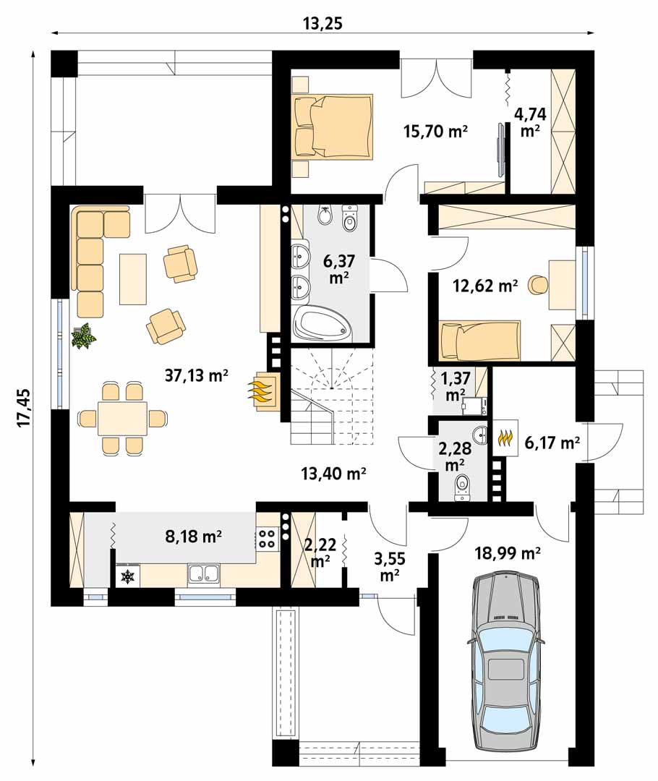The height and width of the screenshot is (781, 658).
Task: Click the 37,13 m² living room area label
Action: [x=196, y=375]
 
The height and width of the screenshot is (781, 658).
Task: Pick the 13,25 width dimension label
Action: [x=322, y=23]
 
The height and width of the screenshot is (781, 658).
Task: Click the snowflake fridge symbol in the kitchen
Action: [x=129, y=577]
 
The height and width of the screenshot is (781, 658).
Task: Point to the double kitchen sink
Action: [x=204, y=573]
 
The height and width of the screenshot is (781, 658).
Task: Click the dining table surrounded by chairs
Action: [x=122, y=419]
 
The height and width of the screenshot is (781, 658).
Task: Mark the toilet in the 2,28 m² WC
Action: [x=463, y=487]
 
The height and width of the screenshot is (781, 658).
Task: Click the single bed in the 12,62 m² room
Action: [x=480, y=341]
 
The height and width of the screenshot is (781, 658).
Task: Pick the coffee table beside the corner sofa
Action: [x=133, y=279]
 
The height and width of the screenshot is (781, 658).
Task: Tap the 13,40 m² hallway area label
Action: [x=334, y=473]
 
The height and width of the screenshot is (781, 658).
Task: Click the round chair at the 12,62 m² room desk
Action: [x=539, y=284]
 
